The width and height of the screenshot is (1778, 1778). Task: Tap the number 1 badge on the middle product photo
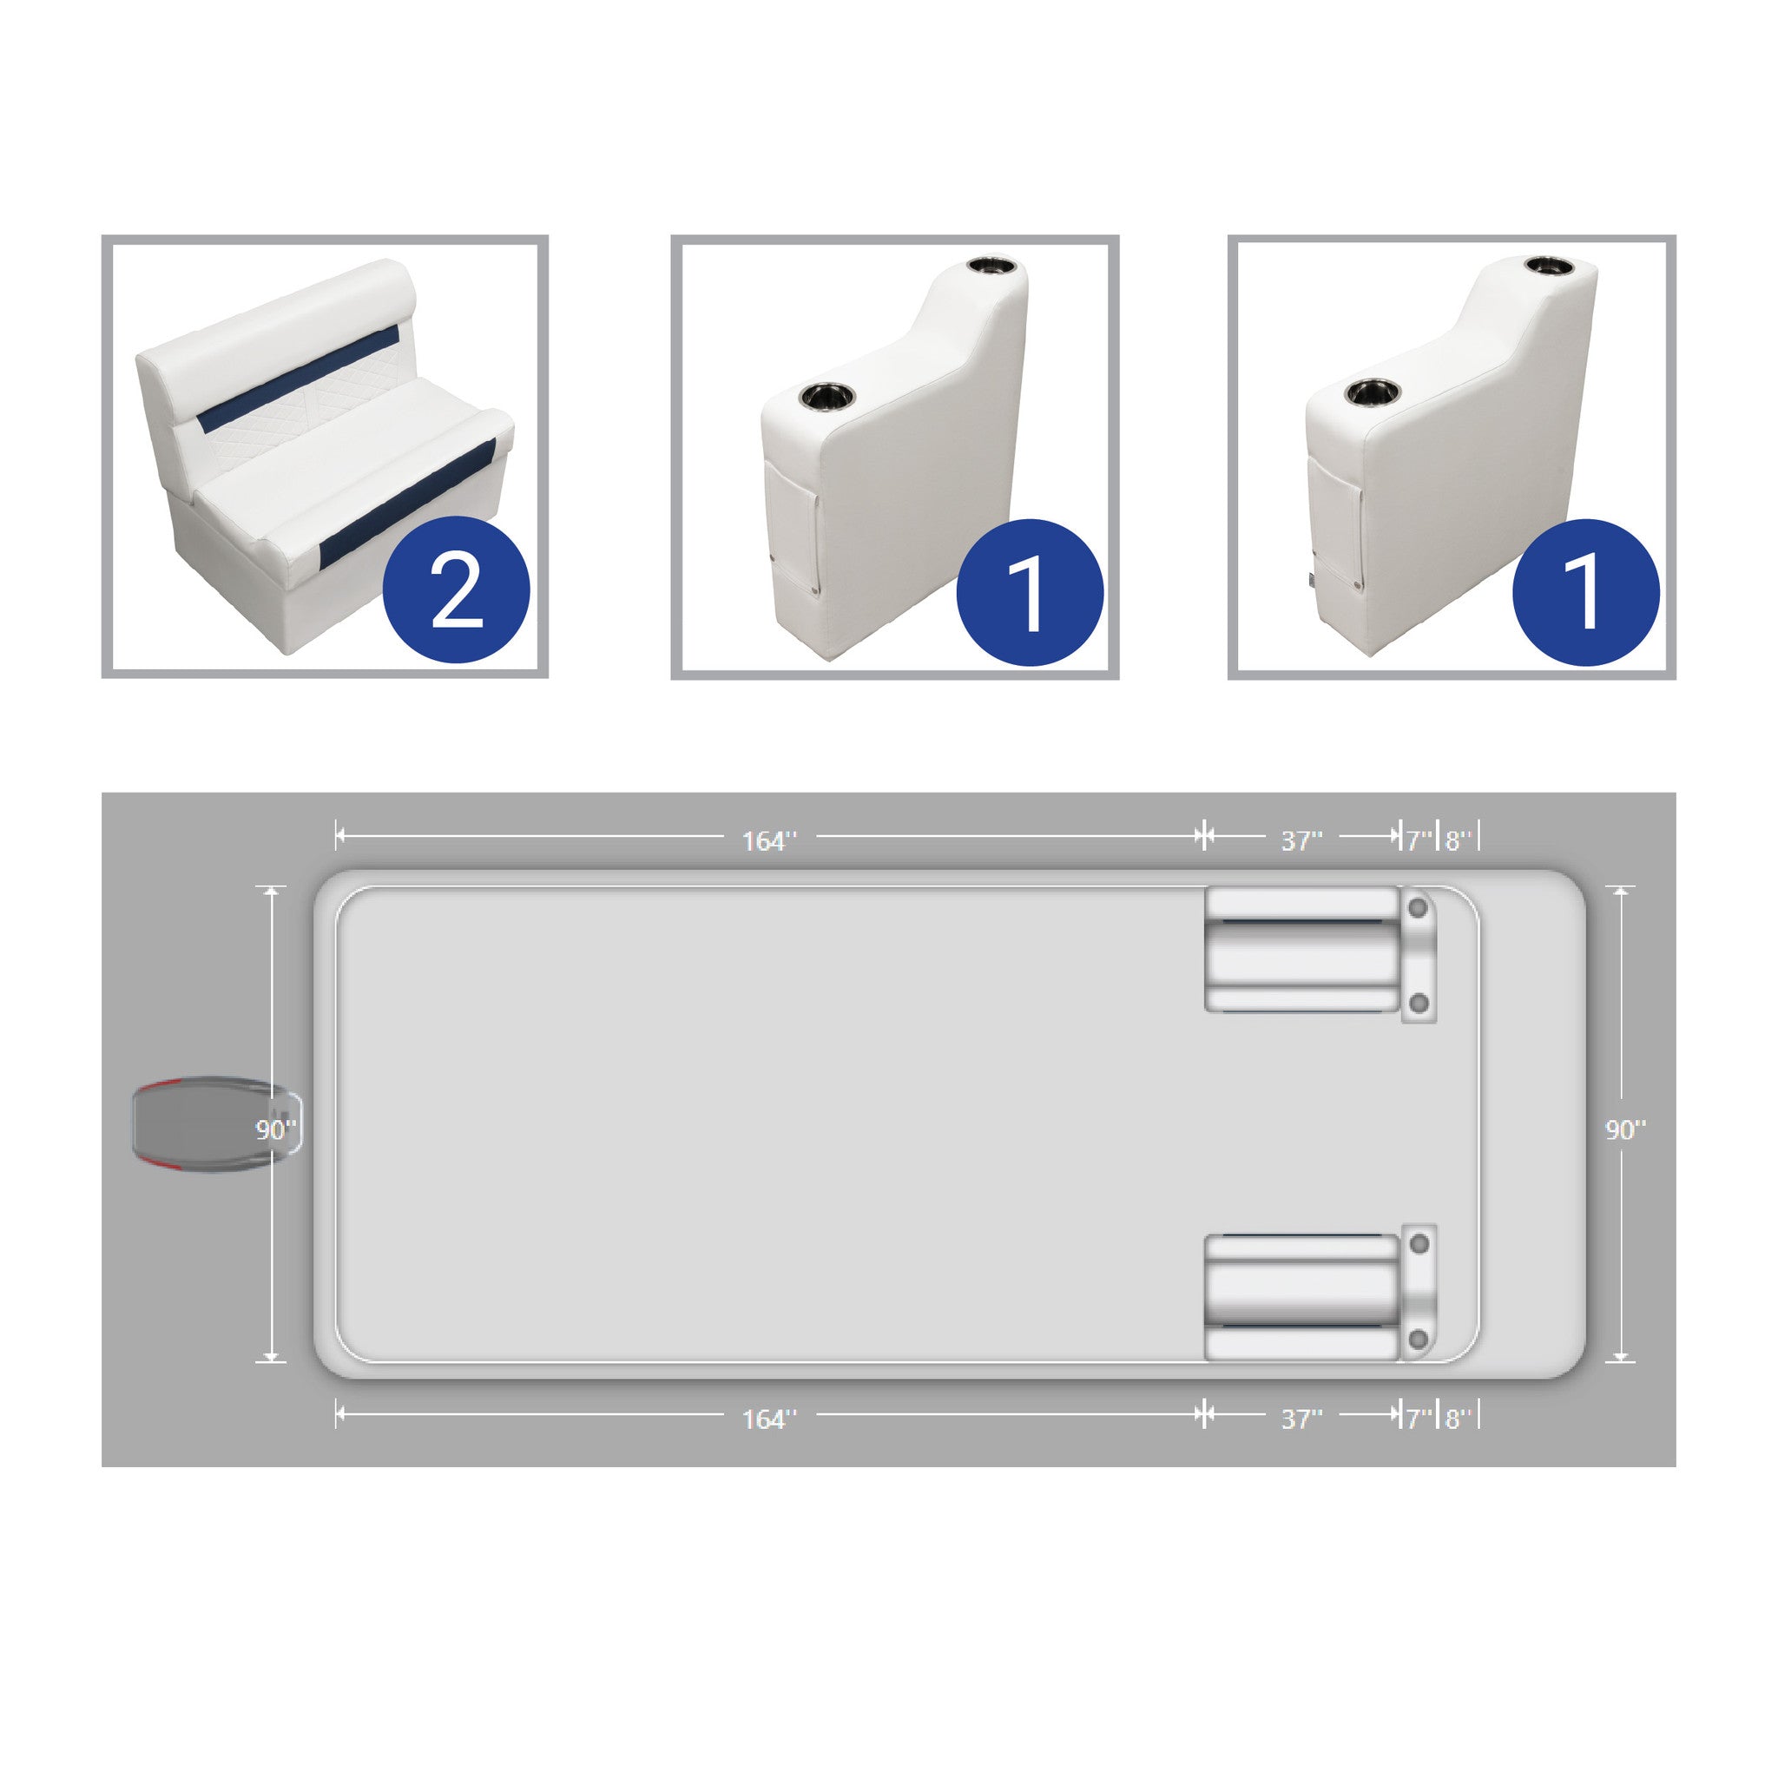point(1030,592)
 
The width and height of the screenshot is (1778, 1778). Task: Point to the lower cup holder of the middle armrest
point(826,398)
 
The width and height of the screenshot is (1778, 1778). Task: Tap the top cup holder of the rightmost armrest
point(1550,265)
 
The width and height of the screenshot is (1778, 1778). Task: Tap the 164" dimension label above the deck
point(769,841)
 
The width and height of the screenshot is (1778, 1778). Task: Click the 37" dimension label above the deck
point(1301,841)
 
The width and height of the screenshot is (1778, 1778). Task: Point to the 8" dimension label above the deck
point(1458,841)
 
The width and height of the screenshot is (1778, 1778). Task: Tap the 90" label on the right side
point(1625,1130)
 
